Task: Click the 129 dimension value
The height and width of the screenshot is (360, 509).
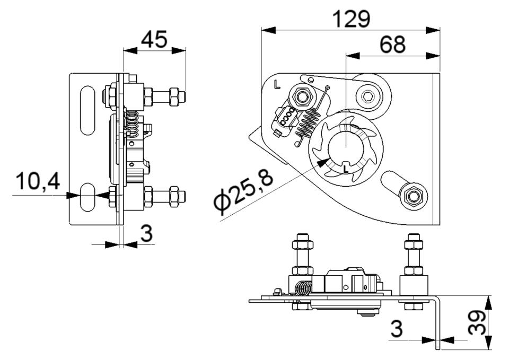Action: point(352,19)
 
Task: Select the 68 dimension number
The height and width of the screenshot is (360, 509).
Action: point(393,45)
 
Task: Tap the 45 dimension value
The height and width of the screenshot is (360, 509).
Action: point(154,39)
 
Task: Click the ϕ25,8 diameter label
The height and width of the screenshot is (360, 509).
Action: point(243,191)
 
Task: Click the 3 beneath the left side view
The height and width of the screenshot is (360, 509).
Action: point(147,233)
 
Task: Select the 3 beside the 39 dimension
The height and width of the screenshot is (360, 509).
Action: point(397,328)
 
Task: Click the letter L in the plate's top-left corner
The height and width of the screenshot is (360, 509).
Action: point(277,84)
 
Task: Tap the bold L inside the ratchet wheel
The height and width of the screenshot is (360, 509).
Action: point(346,169)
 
